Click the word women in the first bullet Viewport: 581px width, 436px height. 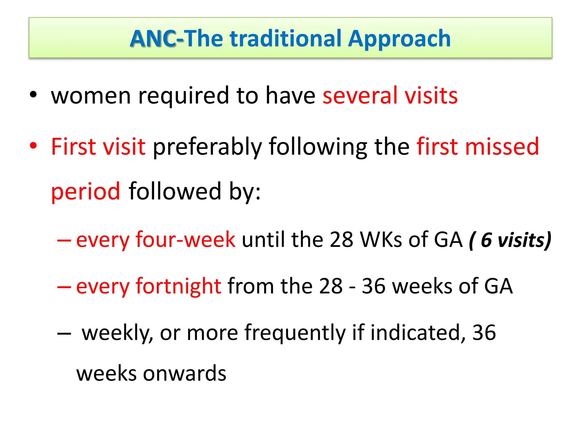click(91, 96)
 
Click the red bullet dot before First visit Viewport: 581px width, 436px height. click(33, 146)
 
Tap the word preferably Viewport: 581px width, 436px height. click(207, 147)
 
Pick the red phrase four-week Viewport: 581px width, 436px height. click(185, 240)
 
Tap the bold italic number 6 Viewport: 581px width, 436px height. click(486, 240)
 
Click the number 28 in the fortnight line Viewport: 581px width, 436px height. click(331, 286)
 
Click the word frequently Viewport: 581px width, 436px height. click(295, 333)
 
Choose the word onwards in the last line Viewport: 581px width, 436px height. click(184, 373)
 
